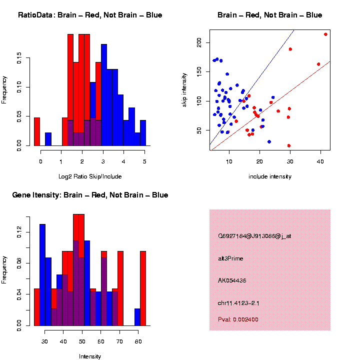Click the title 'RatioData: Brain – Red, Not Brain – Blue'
(90, 15)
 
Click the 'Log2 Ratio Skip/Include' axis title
(90, 176)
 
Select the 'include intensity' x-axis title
(270, 176)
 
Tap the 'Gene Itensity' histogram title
(90, 195)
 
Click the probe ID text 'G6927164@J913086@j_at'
(254, 236)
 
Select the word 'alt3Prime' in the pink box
(231, 258)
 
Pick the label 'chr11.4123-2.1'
(238, 303)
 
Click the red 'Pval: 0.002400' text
(238, 319)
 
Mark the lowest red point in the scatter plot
(289, 145)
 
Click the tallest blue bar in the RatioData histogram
(104, 95)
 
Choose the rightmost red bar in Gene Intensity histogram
(143, 288)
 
